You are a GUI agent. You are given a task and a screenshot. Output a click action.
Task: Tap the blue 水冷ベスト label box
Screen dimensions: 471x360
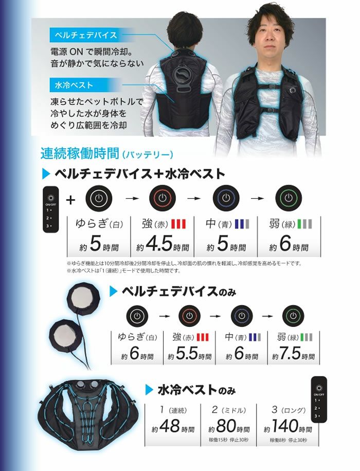coord(72,84)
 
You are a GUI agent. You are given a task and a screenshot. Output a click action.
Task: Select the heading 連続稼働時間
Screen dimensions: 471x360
coord(79,153)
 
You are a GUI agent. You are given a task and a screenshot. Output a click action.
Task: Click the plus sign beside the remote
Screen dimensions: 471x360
coord(70,199)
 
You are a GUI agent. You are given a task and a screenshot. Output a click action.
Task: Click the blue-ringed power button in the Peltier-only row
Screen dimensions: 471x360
coord(240,315)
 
